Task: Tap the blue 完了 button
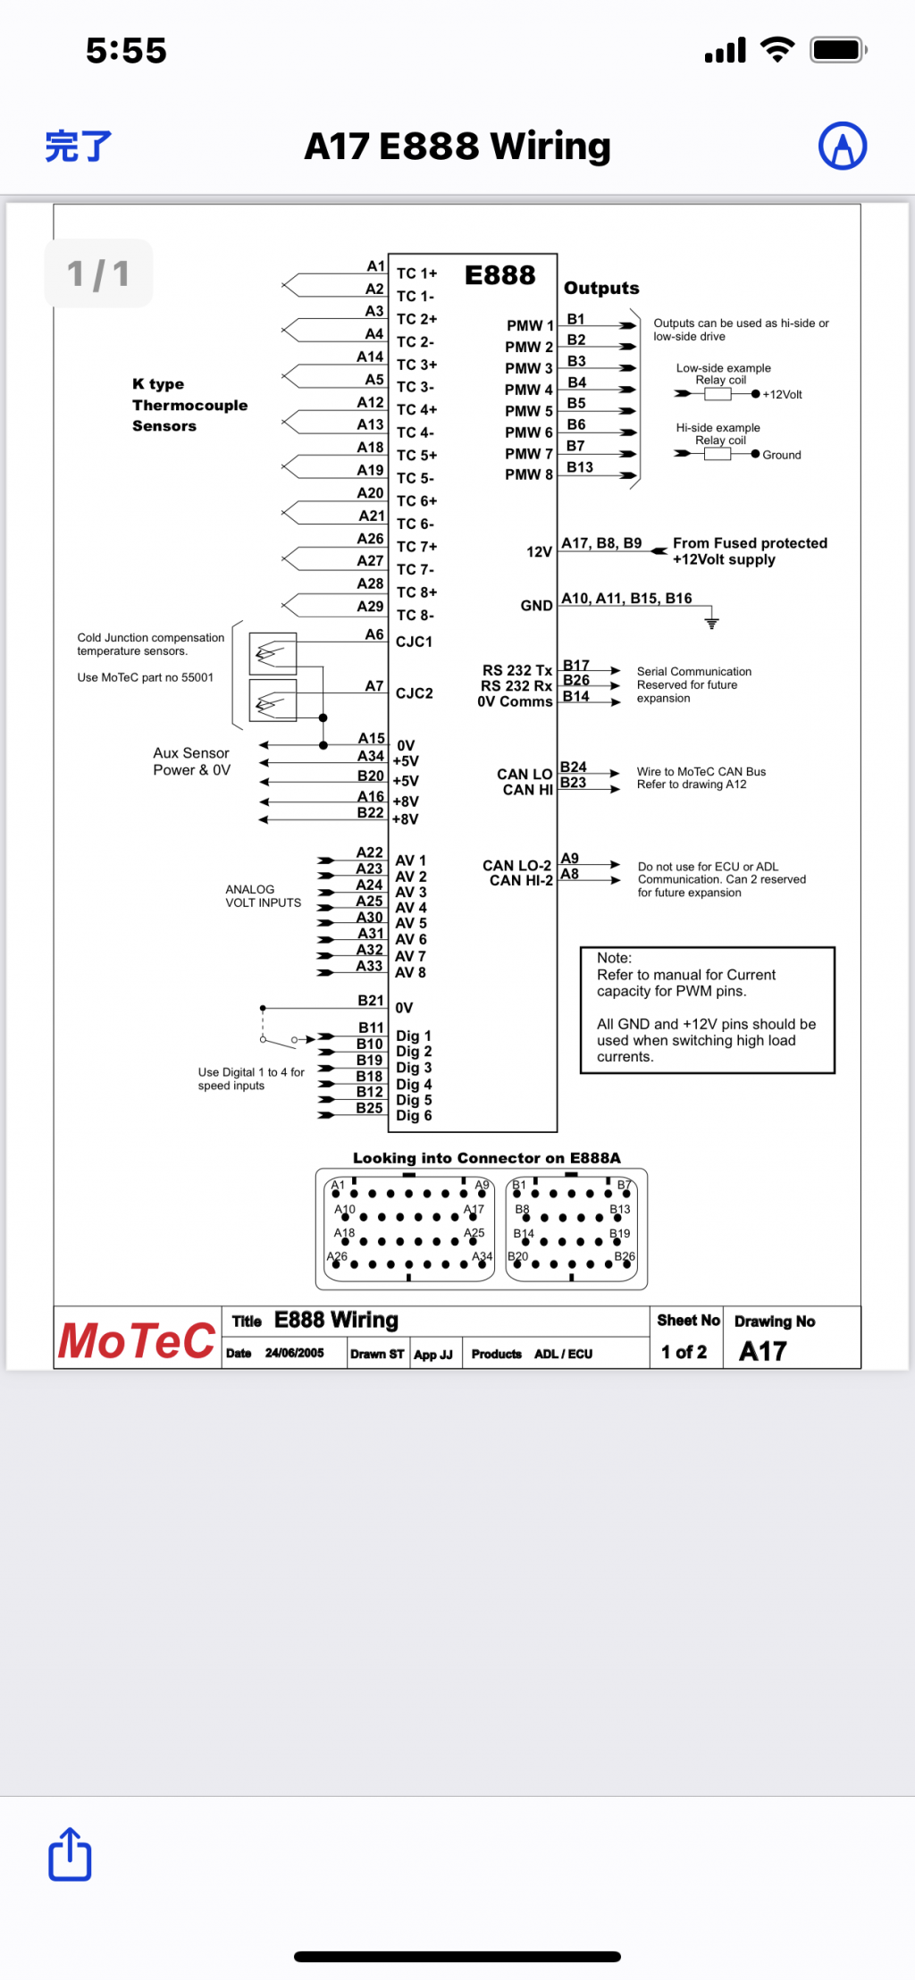pyautogui.click(x=79, y=147)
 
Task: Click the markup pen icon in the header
pyautogui.click(x=842, y=147)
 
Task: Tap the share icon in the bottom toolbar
pyautogui.click(x=70, y=1854)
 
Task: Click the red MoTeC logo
pyautogui.click(x=137, y=1340)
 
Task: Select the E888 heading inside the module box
pyautogui.click(x=499, y=275)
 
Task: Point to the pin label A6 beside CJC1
pyautogui.click(x=374, y=634)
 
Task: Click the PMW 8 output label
pyautogui.click(x=528, y=474)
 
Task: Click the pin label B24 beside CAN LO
pyautogui.click(x=573, y=767)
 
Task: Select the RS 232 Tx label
pyautogui.click(x=516, y=670)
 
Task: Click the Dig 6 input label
pyautogui.click(x=414, y=1115)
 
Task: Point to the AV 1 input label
pyautogui.click(x=410, y=860)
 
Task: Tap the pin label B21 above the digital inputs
pyautogui.click(x=371, y=1001)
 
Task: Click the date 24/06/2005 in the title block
pyautogui.click(x=294, y=1354)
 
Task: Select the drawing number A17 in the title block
pyautogui.click(x=762, y=1351)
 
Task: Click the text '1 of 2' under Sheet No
pyautogui.click(x=684, y=1352)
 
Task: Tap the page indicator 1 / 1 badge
pyautogui.click(x=98, y=273)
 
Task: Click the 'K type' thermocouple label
pyautogui.click(x=158, y=384)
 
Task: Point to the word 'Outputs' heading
pyautogui.click(x=601, y=288)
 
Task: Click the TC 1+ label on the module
pyautogui.click(x=416, y=273)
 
